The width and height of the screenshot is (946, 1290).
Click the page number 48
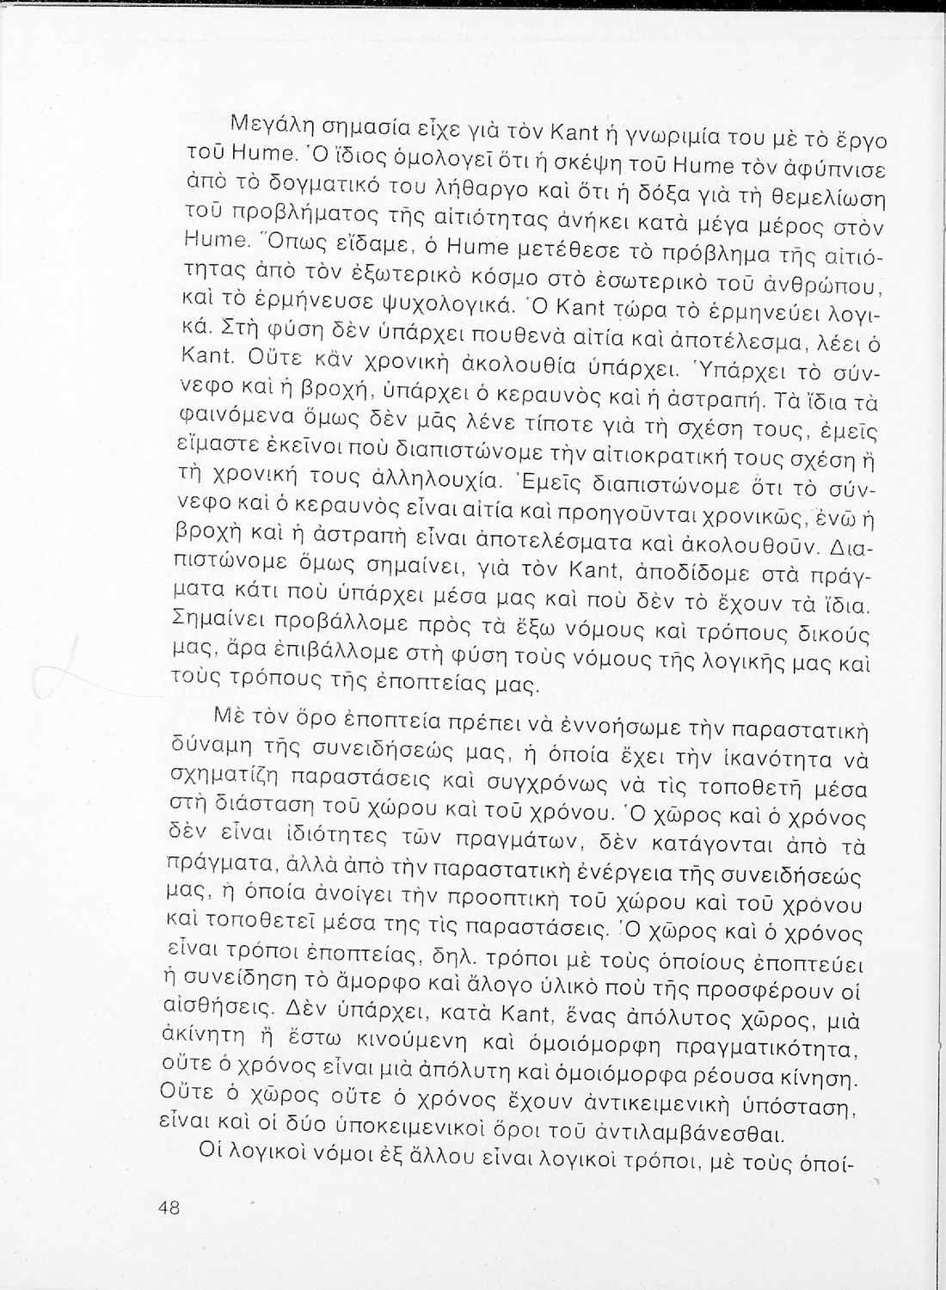(169, 1207)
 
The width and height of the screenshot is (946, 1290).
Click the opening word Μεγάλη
(251, 122)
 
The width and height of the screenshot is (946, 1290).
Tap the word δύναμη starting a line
(202, 738)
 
